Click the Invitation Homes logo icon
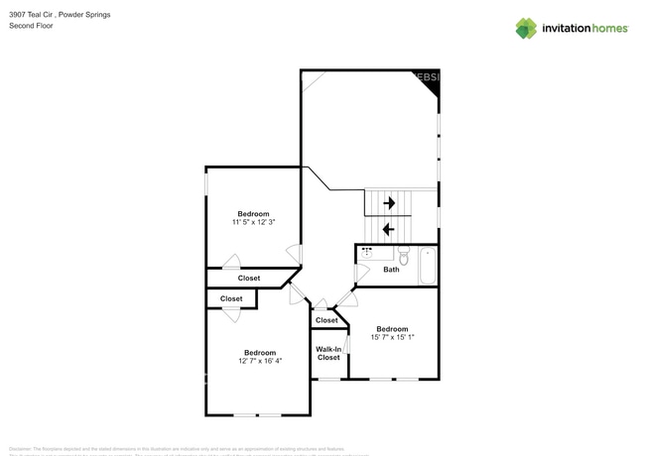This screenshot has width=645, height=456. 525,28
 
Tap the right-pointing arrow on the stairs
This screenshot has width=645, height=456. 389,203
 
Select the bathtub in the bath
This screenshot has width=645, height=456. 427,265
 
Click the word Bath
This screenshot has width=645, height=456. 391,270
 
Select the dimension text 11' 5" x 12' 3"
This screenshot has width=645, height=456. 252,222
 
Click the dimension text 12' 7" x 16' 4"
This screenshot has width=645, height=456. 260,362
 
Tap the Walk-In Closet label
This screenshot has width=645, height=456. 328,353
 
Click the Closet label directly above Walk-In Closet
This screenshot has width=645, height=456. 326,320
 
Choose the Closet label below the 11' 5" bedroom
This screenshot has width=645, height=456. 249,279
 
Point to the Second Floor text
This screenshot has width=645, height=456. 31,26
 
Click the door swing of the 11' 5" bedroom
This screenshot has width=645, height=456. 231,262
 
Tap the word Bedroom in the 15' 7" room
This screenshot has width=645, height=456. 391,329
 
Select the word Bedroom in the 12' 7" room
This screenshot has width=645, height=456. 260,353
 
